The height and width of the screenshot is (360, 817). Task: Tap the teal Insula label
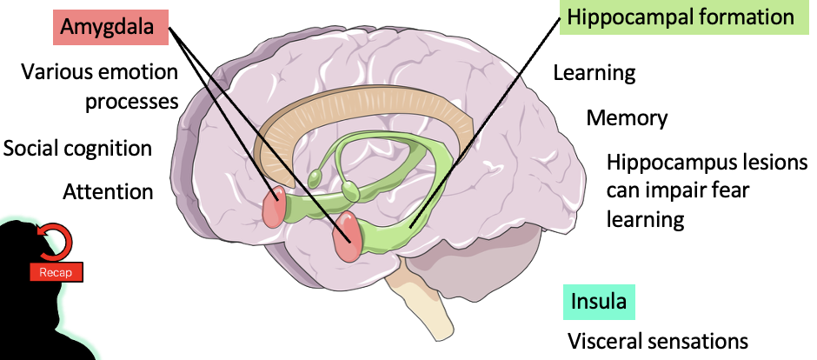(598, 302)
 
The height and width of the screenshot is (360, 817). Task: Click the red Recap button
(56, 272)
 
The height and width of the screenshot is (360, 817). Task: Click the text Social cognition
(77, 148)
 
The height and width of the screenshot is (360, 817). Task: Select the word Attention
(108, 190)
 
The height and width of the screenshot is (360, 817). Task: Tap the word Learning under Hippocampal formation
(594, 73)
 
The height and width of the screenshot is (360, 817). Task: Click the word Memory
(627, 118)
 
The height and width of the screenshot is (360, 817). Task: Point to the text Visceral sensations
(658, 340)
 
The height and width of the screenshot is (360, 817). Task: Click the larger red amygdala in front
(349, 235)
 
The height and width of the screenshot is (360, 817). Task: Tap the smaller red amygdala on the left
(276, 206)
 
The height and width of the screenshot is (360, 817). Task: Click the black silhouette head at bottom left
(35, 304)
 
